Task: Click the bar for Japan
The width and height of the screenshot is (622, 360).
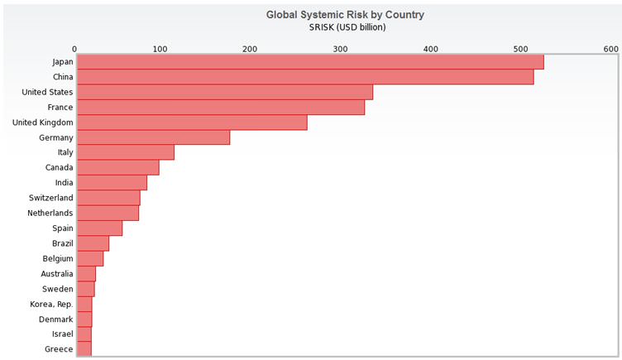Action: pyautogui.click(x=309, y=62)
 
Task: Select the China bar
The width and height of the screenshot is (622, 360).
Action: pyautogui.click(x=304, y=77)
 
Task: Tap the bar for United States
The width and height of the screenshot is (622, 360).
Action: pyautogui.click(x=224, y=92)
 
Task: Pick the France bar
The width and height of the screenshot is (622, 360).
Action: pyautogui.click(x=220, y=108)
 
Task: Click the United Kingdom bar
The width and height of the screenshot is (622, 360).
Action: pyautogui.click(x=191, y=122)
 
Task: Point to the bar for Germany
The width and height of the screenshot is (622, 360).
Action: pyautogui.click(x=152, y=137)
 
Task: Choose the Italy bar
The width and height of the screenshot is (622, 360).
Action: pyautogui.click(x=125, y=152)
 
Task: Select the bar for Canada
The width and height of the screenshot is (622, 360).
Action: pyautogui.click(x=117, y=168)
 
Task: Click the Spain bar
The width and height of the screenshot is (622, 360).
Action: pyautogui.click(x=98, y=228)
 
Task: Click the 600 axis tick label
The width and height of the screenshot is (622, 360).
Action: pyautogui.click(x=610, y=50)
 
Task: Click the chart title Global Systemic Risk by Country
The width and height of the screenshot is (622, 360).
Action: pyautogui.click(x=345, y=14)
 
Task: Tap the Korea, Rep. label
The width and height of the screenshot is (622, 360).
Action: pyautogui.click(x=51, y=304)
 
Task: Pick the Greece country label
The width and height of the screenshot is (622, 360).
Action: pyautogui.click(x=58, y=349)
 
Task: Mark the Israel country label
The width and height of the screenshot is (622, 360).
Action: pyautogui.click(x=61, y=334)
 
